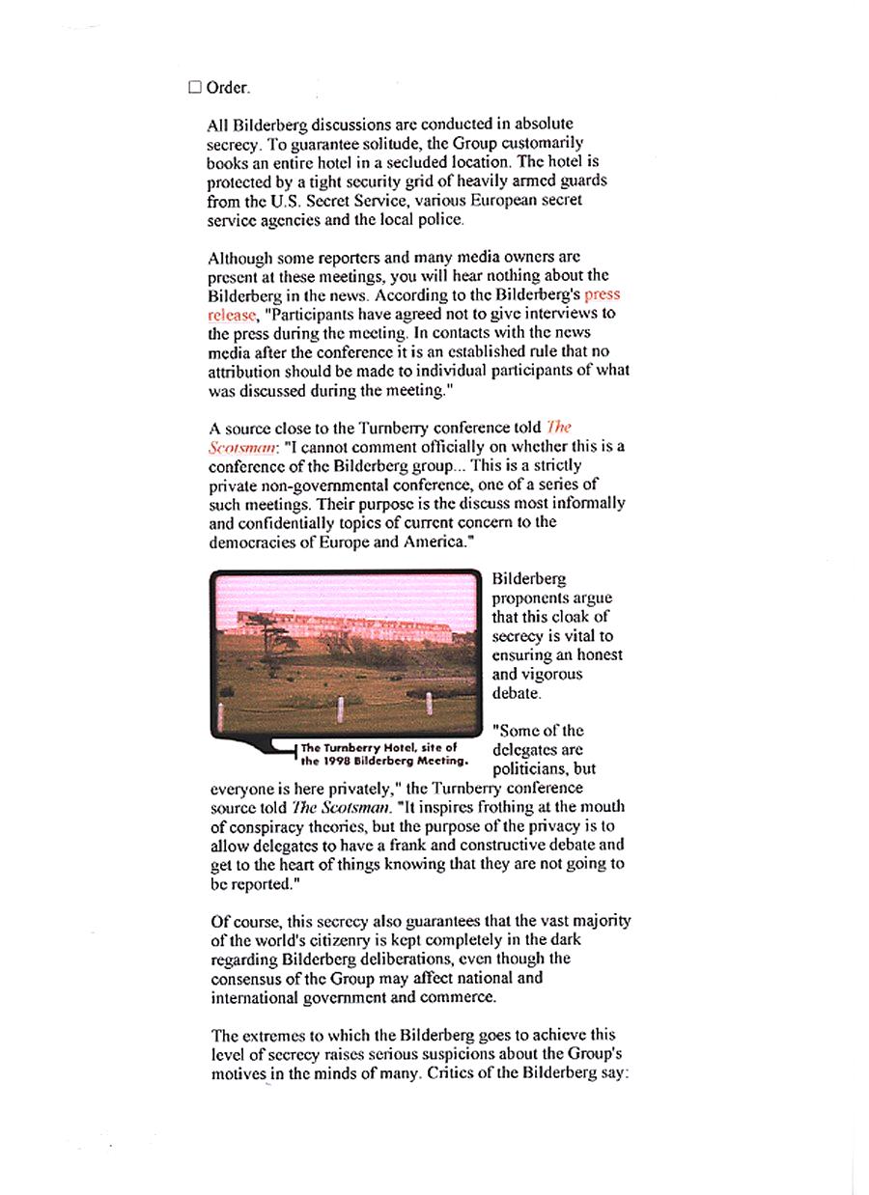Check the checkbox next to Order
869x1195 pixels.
coord(195,88)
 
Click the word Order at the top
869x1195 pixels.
coord(227,88)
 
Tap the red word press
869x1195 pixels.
coord(603,294)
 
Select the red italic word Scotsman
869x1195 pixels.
coord(235,447)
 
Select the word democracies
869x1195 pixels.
coord(254,542)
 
